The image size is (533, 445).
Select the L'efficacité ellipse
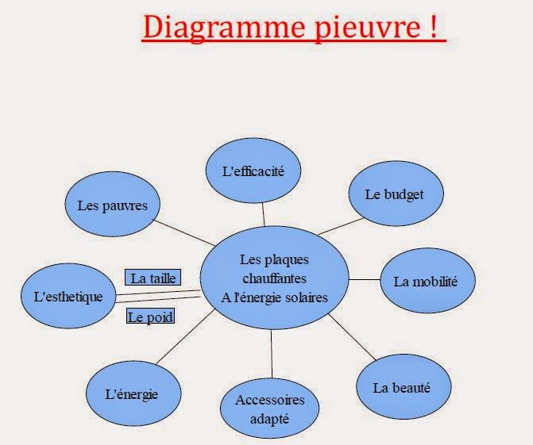tap(253, 169)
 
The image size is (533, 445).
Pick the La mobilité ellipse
tap(426, 281)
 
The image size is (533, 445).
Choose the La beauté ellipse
tap(402, 388)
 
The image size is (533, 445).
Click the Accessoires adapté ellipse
tap(270, 408)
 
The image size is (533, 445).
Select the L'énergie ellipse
tap(131, 394)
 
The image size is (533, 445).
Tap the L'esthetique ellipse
tap(68, 297)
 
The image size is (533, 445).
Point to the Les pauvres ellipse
tap(112, 205)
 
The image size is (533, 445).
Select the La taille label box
tap(153, 278)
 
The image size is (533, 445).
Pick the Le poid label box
tap(150, 317)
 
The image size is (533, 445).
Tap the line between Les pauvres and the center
tap(183, 232)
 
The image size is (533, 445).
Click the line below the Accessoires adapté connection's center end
tap(272, 353)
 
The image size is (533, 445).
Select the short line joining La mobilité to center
tap(365, 279)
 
